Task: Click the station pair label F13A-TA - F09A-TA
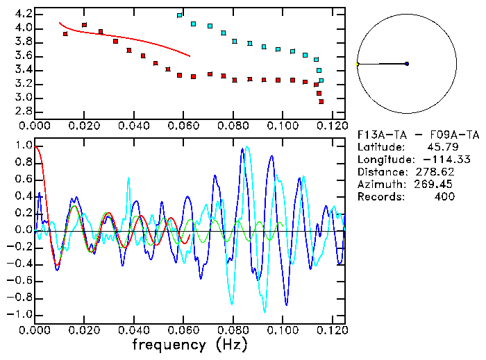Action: (x=417, y=135)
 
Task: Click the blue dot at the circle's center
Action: (x=407, y=64)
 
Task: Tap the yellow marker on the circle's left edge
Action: (x=358, y=64)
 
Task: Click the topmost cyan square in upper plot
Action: (x=180, y=15)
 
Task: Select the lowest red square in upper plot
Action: (x=321, y=101)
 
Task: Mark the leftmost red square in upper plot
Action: (x=65, y=33)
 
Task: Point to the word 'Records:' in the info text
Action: (x=380, y=197)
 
